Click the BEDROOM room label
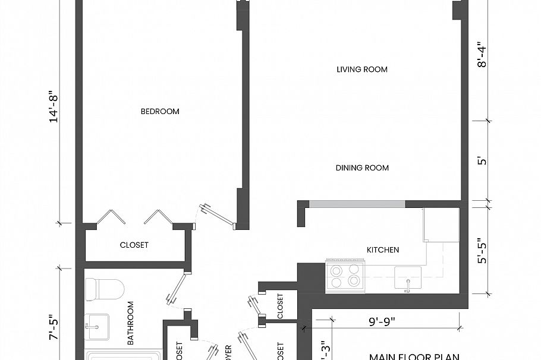(159, 112)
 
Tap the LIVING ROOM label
(361, 70)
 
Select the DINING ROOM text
(361, 168)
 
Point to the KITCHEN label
(382, 250)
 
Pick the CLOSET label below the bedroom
(134, 245)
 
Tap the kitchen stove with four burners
(344, 276)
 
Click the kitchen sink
(408, 277)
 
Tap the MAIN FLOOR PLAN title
(414, 356)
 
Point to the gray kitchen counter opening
(357, 204)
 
